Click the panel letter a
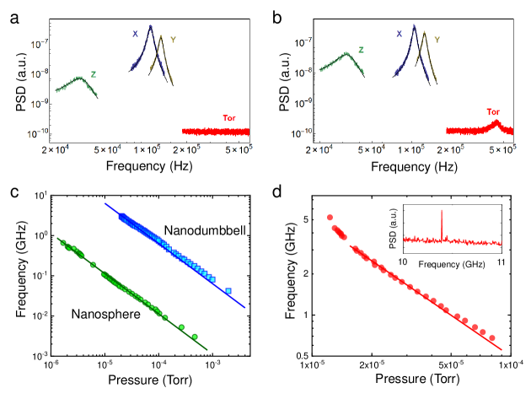[15, 14]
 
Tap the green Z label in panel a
[94, 74]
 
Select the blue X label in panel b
[399, 35]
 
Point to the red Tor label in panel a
[228, 117]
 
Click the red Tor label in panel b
[494, 111]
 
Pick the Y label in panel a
[173, 40]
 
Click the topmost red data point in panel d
[330, 218]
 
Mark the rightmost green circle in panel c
[196, 337]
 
